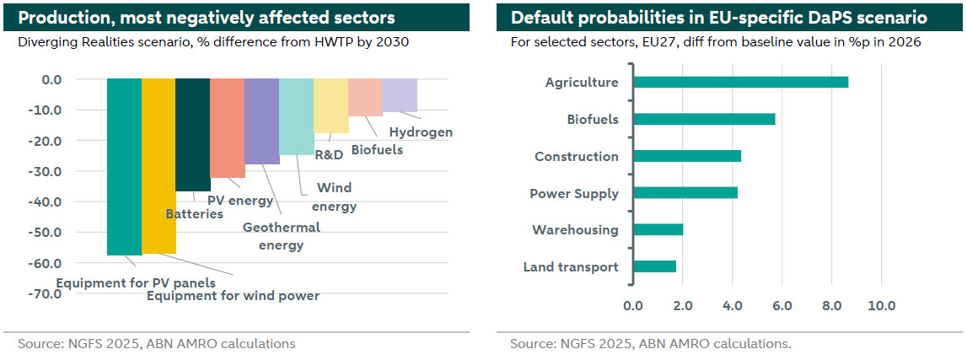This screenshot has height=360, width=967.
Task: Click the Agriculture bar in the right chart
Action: point(740,82)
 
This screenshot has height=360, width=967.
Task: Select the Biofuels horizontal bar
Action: point(704,119)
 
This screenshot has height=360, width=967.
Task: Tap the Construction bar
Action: point(687,156)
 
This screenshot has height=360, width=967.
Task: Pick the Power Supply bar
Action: point(685,192)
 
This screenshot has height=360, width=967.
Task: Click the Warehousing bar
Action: point(658,229)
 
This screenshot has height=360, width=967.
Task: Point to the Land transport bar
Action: point(654,266)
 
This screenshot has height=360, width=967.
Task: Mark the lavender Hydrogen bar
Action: point(400,95)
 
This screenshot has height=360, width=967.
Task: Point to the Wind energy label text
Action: point(334,197)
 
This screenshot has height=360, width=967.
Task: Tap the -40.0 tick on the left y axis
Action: point(46,202)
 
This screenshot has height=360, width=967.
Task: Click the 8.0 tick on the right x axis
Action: point(831,305)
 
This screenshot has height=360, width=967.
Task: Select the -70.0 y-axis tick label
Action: point(46,293)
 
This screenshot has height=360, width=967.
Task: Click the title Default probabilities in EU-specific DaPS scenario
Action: point(719,18)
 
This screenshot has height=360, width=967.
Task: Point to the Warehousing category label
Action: point(575,230)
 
